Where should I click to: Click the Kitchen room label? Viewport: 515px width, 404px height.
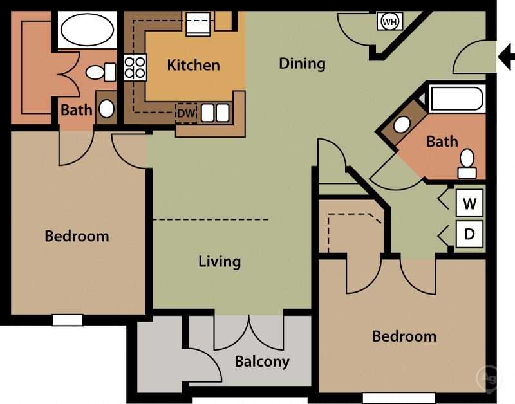pyautogui.click(x=193, y=65)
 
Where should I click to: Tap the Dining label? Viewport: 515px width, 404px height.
pyautogui.click(x=302, y=63)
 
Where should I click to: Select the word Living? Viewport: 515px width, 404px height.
pyautogui.click(x=220, y=261)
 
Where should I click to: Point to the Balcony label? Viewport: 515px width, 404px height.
pyautogui.click(x=262, y=361)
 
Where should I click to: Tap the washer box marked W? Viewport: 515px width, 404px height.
pyautogui.click(x=469, y=204)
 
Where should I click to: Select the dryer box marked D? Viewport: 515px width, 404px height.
pyautogui.click(x=469, y=234)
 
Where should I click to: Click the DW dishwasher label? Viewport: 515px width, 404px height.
pyautogui.click(x=185, y=113)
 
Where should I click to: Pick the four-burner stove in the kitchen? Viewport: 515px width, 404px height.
pyautogui.click(x=135, y=67)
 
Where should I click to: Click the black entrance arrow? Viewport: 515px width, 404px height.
pyautogui.click(x=506, y=59)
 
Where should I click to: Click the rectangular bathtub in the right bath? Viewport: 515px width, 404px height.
pyautogui.click(x=456, y=99)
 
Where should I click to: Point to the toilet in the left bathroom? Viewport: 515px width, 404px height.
pyautogui.click(x=98, y=72)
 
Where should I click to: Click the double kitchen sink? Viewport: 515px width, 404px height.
pyautogui.click(x=215, y=113)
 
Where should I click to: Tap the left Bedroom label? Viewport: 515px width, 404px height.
pyautogui.click(x=77, y=236)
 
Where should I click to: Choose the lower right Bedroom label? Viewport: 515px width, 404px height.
pyautogui.click(x=404, y=336)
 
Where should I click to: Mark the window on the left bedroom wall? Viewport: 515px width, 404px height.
pyautogui.click(x=68, y=320)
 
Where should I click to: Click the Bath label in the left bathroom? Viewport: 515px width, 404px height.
pyautogui.click(x=76, y=110)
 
